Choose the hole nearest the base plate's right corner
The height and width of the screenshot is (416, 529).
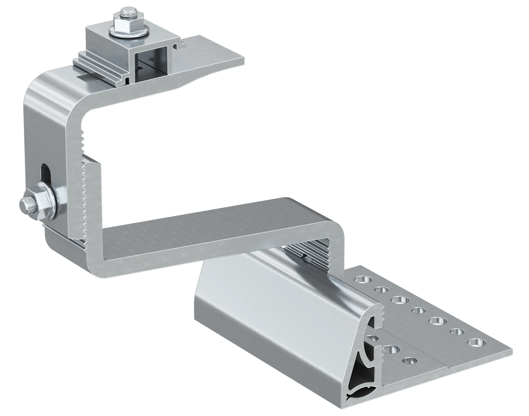[x=475, y=343]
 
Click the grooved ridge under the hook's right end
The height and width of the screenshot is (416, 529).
[x=310, y=255]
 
